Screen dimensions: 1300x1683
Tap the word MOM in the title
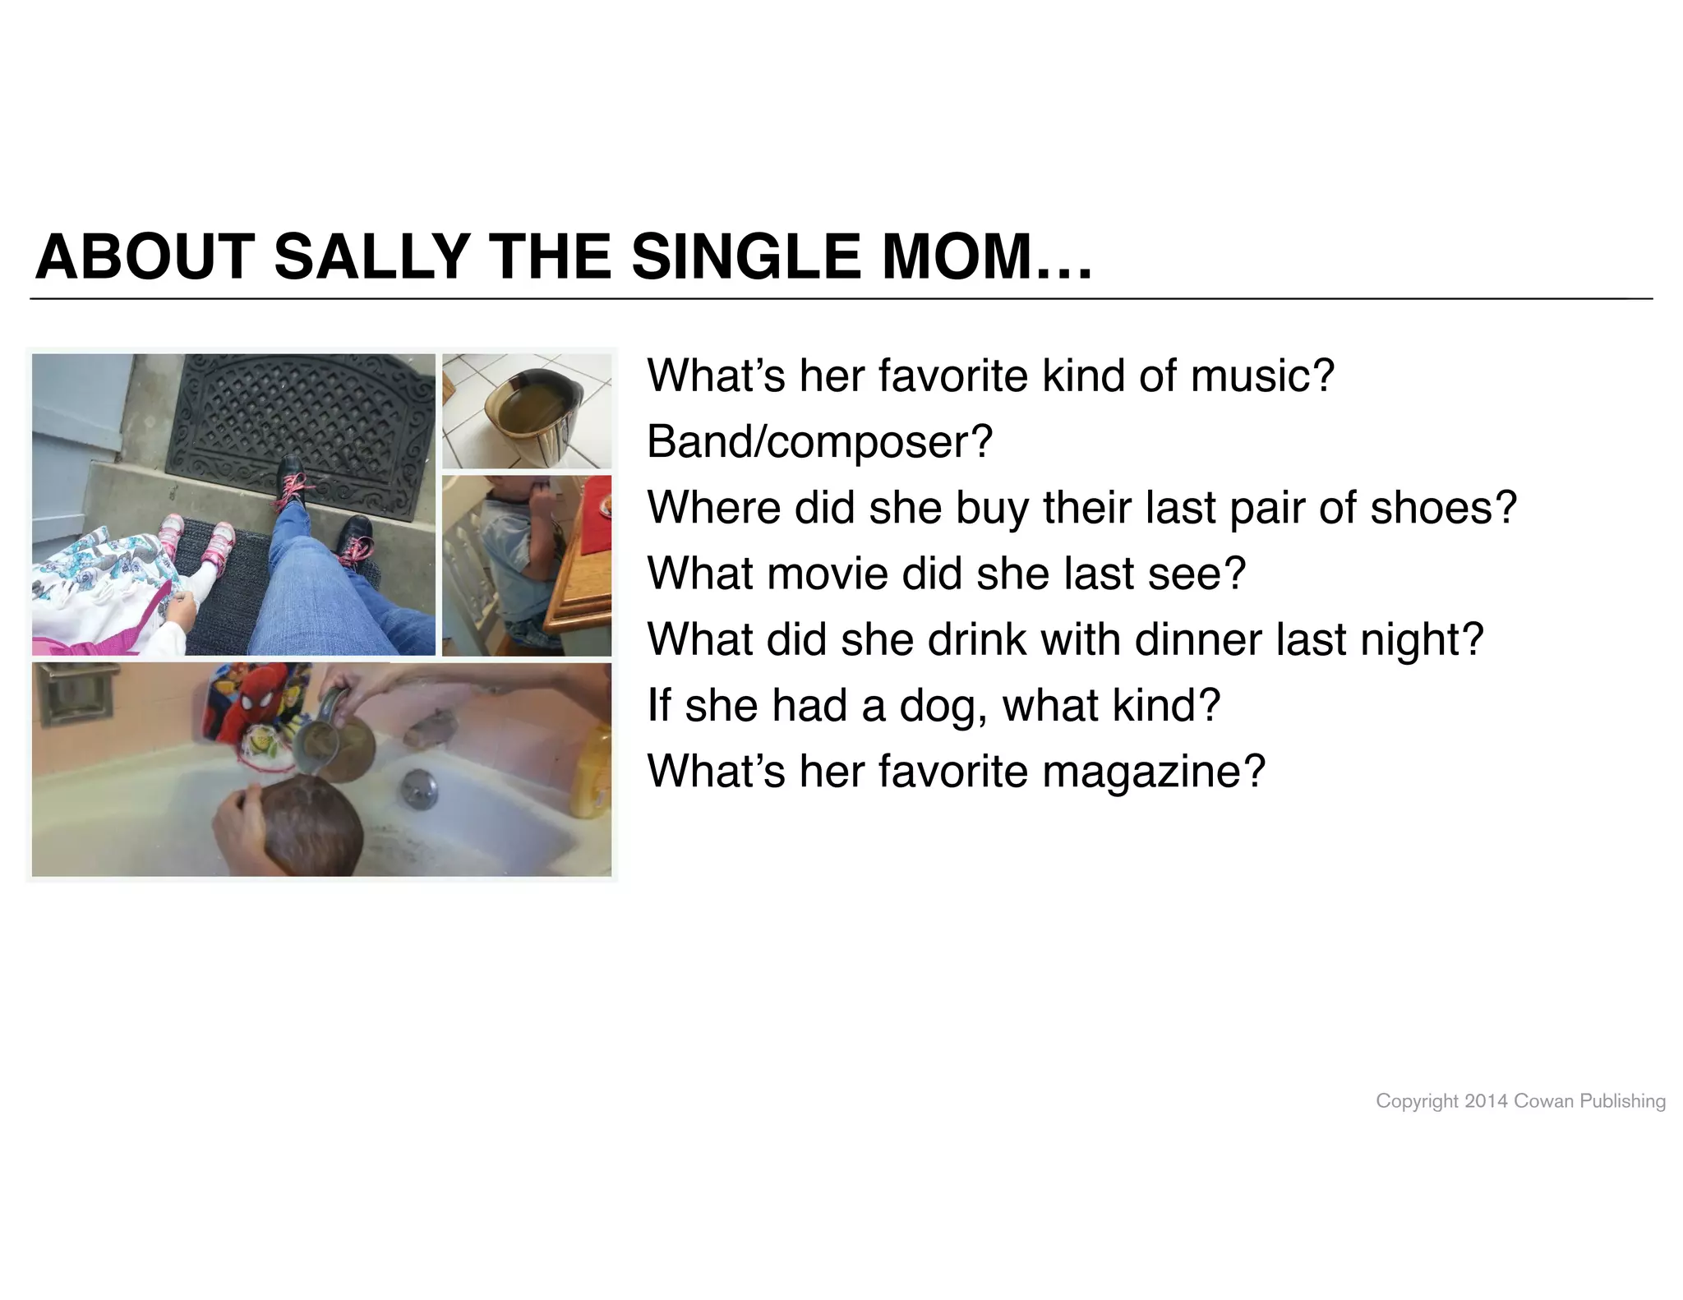[x=955, y=257]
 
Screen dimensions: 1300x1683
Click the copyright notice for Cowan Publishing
[x=1520, y=1101]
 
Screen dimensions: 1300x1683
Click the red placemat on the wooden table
[x=596, y=526]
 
